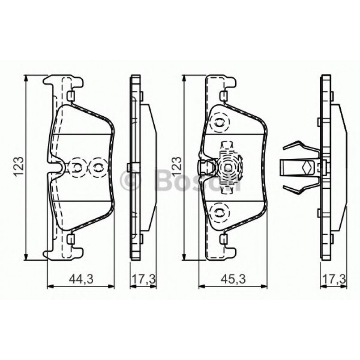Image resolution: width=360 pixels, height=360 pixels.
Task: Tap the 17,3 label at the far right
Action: point(335,280)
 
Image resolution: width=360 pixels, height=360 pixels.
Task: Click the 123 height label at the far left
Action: point(18,167)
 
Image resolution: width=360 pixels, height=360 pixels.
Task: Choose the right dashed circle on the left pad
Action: point(96,167)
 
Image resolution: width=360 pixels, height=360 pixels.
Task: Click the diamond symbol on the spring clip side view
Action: point(306,167)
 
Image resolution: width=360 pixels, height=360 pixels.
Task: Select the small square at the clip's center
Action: point(228,168)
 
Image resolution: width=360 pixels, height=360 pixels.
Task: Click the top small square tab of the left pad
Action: point(70,96)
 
